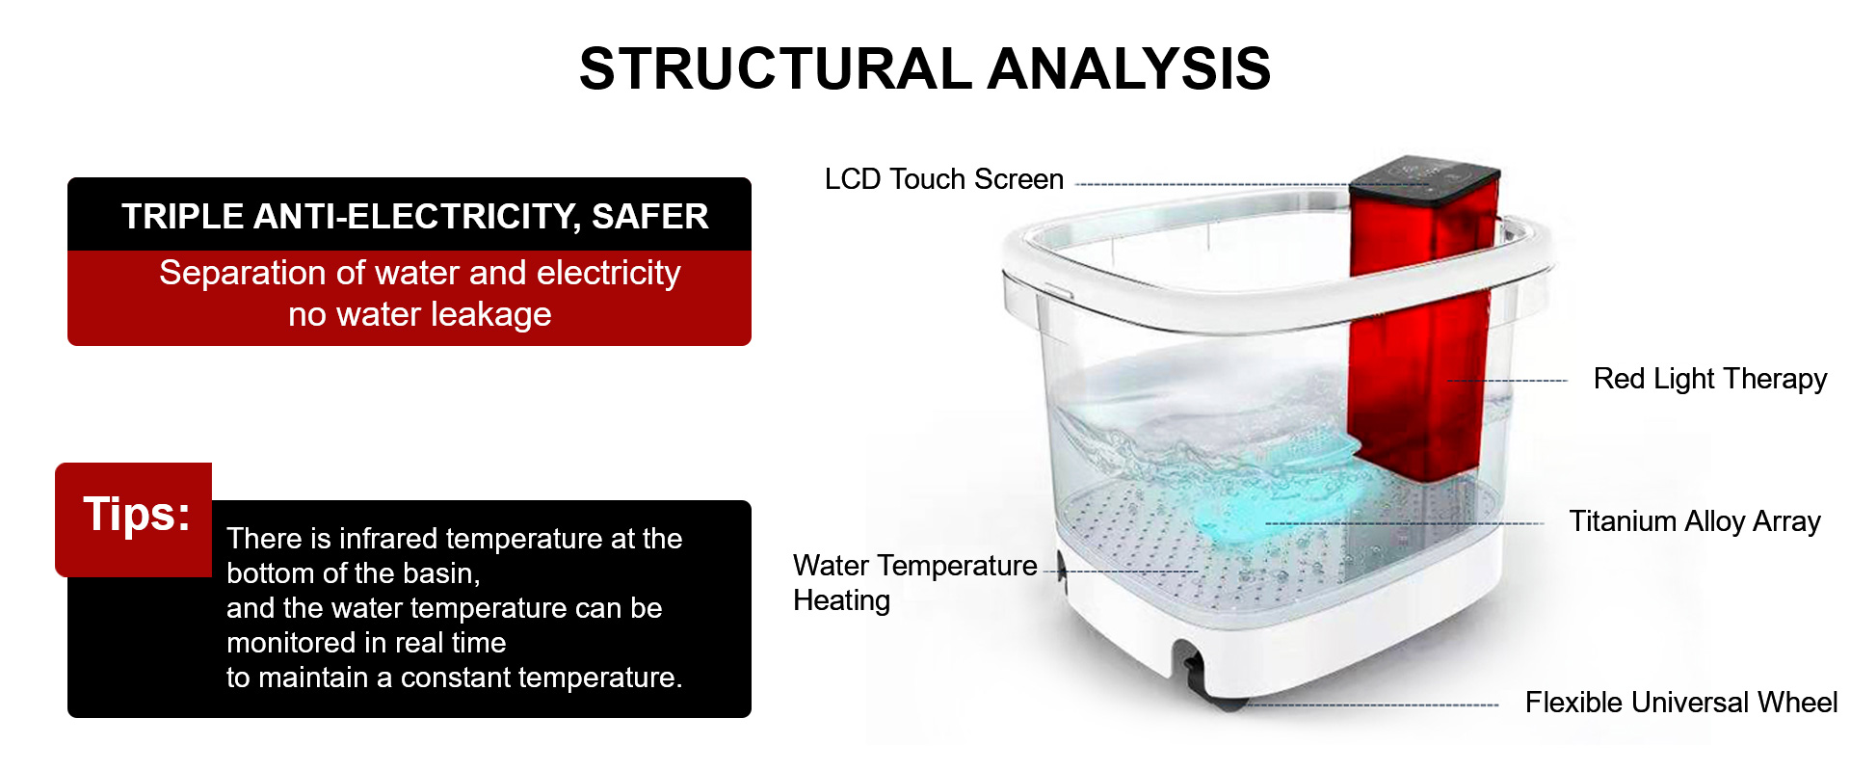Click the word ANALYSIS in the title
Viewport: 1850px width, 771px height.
[x=1129, y=69]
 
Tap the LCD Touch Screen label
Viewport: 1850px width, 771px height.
[x=944, y=179]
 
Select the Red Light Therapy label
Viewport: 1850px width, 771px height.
[x=1710, y=379]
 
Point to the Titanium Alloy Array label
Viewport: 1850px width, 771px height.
[x=1695, y=521]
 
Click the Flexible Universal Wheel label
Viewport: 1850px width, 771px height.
[x=1681, y=702]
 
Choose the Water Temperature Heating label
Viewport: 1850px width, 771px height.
[x=915, y=582]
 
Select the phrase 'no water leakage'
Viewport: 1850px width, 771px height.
[x=420, y=314]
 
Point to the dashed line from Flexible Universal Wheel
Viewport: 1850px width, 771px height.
[x=1368, y=705]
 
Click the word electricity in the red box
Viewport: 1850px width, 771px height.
[x=606, y=273]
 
